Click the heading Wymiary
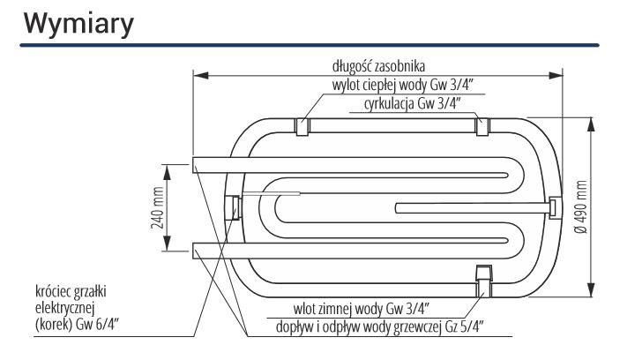pyautogui.click(x=78, y=25)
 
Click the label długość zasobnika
pyautogui.click(x=378, y=66)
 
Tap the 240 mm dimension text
pyautogui.click(x=158, y=207)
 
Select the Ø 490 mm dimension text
pyautogui.click(x=580, y=206)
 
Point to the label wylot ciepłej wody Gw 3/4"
pyautogui.click(x=402, y=86)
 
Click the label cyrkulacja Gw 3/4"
pyautogui.click(x=413, y=103)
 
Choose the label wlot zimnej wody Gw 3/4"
pyautogui.click(x=361, y=308)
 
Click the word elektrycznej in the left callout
pyautogui.click(x=65, y=308)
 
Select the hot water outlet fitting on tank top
pyautogui.click(x=302, y=126)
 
